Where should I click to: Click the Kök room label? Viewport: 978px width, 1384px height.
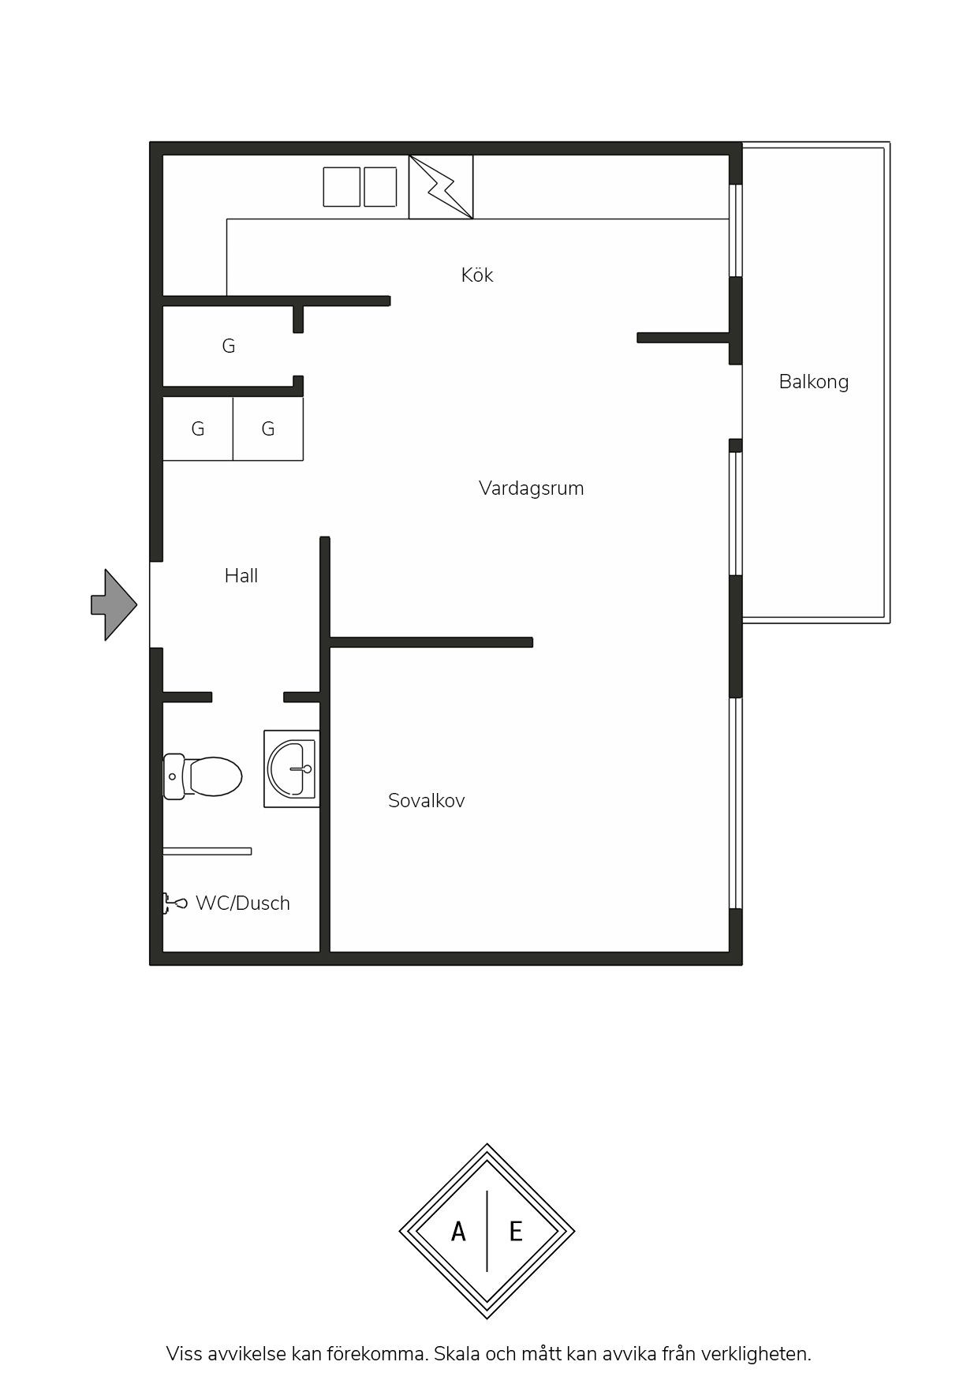477,275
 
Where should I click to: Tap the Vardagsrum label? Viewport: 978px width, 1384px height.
532,488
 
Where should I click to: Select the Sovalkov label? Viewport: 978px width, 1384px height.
427,801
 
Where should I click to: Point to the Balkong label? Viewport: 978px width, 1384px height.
814,382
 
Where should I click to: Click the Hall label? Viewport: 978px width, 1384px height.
241,576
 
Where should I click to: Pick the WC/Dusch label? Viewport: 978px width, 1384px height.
243,903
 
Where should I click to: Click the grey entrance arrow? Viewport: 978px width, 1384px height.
114,605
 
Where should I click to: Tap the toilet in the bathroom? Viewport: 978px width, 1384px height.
203,776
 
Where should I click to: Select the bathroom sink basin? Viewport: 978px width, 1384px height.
292,769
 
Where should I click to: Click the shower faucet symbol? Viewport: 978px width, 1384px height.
174,903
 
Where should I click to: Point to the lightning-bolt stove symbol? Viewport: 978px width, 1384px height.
441,187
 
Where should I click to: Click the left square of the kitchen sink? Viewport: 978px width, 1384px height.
342,187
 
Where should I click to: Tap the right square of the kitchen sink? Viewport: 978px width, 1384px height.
380,187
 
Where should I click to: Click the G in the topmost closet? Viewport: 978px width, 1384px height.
229,346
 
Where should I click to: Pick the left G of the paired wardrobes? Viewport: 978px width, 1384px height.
198,428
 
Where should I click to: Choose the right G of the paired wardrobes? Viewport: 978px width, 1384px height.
268,428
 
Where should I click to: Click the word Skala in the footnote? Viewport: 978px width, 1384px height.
457,1354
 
